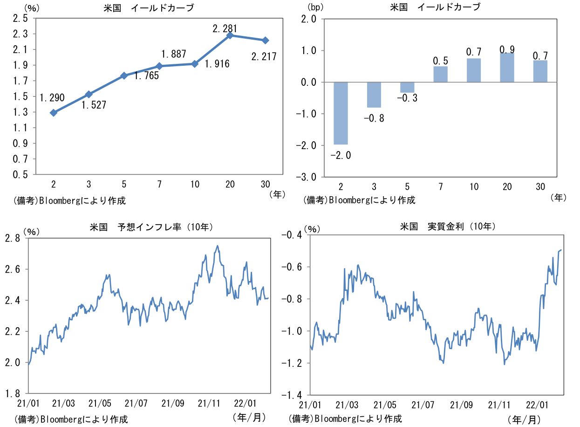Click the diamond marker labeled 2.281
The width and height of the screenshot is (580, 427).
point(230,35)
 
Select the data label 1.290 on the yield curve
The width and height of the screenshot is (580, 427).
point(52,98)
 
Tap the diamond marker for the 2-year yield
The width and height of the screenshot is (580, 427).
point(54,112)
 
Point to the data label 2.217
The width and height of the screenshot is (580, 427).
point(264,57)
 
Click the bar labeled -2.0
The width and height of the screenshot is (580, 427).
point(341,113)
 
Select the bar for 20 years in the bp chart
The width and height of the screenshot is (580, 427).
point(507,68)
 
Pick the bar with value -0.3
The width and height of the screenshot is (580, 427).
point(407,87)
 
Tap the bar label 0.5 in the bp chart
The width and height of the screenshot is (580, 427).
point(440,61)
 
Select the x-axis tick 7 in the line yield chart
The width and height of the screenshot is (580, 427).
point(159,184)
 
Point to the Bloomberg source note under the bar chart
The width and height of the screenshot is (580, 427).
point(359,200)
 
